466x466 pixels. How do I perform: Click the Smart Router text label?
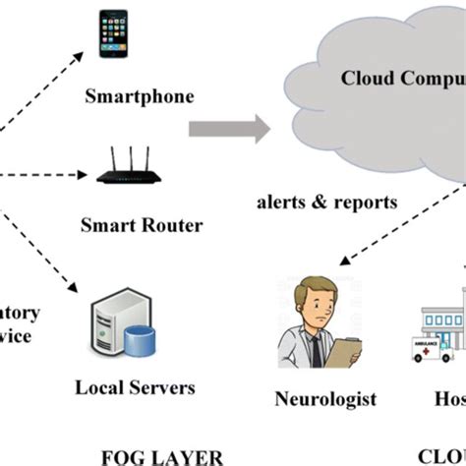[143, 225]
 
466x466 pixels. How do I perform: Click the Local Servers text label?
[136, 387]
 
